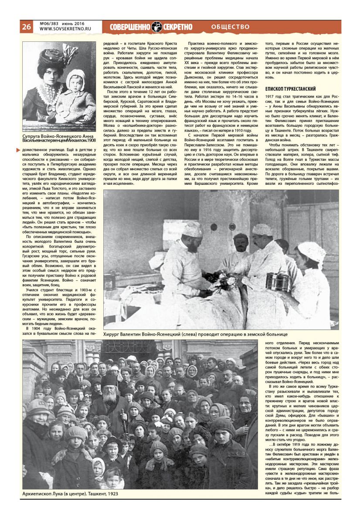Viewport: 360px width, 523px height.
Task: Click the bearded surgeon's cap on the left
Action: [193, 230]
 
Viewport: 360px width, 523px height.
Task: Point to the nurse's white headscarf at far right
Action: [312, 250]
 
